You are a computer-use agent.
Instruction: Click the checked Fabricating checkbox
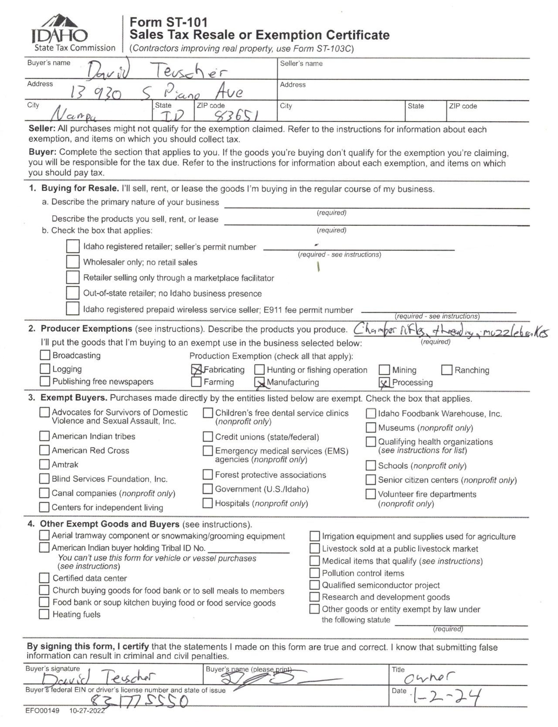click(x=197, y=370)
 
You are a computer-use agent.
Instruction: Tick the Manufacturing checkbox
click(x=260, y=382)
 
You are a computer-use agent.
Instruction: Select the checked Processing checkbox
click(x=384, y=382)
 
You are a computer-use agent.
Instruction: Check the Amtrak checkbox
click(x=44, y=464)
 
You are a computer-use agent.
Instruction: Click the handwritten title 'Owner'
click(x=429, y=676)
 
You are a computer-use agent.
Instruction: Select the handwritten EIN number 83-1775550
click(x=139, y=701)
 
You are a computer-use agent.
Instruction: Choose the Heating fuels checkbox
click(x=44, y=615)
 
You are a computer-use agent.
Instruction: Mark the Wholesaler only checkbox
click(x=73, y=262)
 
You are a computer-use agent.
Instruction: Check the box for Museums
click(x=371, y=428)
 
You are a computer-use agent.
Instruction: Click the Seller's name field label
click(x=301, y=64)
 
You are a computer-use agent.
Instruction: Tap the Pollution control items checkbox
click(x=314, y=573)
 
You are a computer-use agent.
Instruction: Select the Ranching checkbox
click(x=447, y=370)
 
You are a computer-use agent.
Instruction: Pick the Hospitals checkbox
click(x=208, y=503)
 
